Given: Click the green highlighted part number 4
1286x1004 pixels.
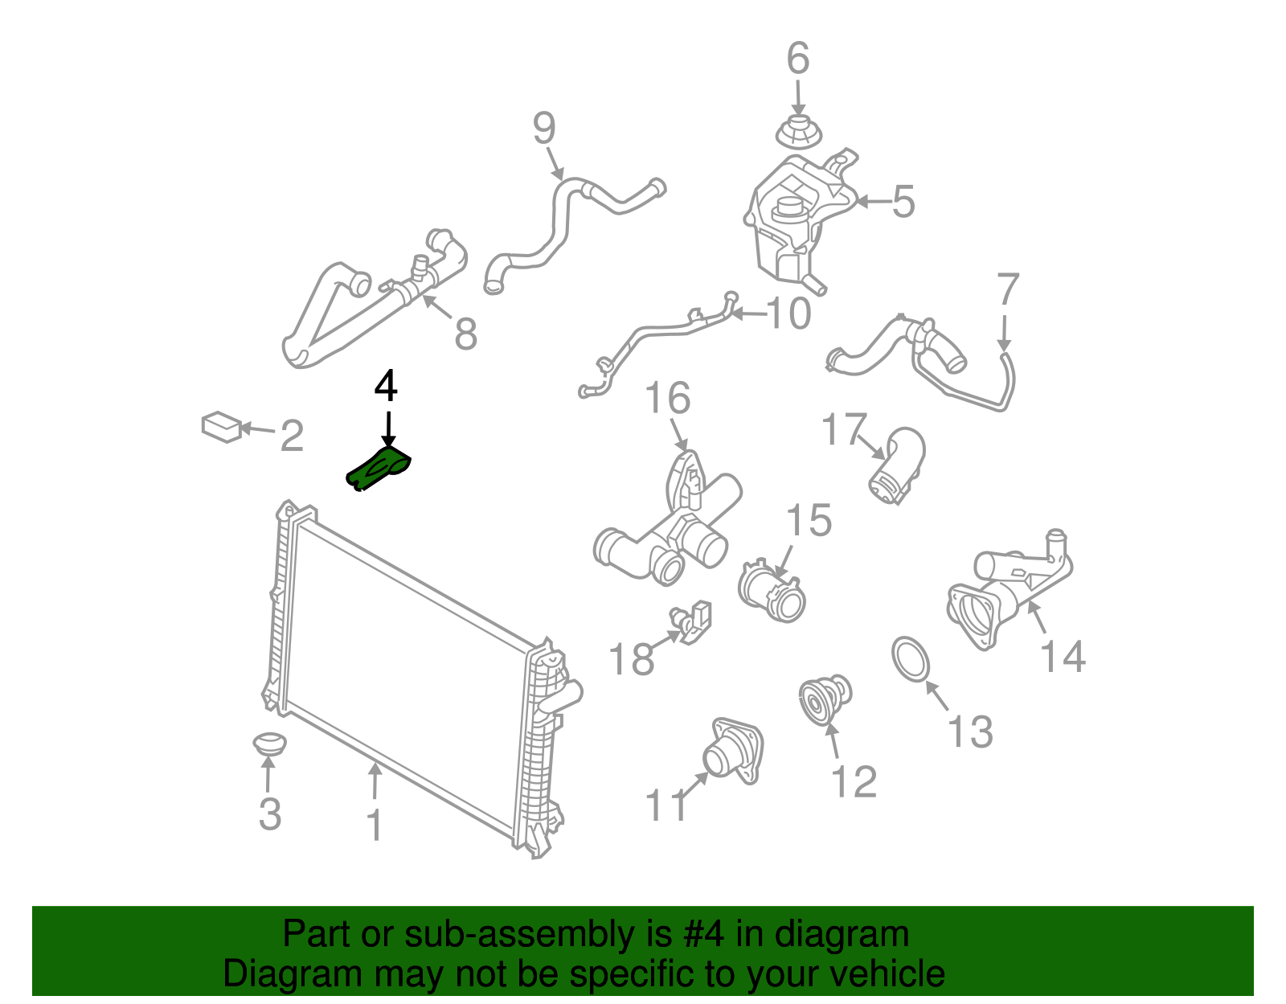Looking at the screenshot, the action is pyautogui.click(x=379, y=469).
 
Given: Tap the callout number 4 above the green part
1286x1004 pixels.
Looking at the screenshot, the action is pyautogui.click(x=386, y=387).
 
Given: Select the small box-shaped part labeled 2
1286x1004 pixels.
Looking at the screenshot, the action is pyautogui.click(x=221, y=427).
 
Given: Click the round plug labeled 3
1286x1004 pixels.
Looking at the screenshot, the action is pyautogui.click(x=269, y=744).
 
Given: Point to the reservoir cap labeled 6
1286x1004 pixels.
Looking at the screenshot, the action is pyautogui.click(x=798, y=135).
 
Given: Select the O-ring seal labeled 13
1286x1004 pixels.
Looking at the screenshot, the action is pyautogui.click(x=911, y=659).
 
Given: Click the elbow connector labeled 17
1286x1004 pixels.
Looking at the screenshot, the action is pyautogui.click(x=897, y=465).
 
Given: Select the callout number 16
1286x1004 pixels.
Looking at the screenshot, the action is pyautogui.click(x=668, y=398).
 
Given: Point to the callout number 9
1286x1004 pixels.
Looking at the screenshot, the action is pyautogui.click(x=544, y=128).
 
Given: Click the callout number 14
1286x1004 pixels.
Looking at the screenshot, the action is pyautogui.click(x=1063, y=657).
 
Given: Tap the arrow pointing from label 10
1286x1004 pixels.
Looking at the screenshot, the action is pyautogui.click(x=749, y=314).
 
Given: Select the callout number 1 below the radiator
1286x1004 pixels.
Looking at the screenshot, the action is pyautogui.click(x=375, y=825).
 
